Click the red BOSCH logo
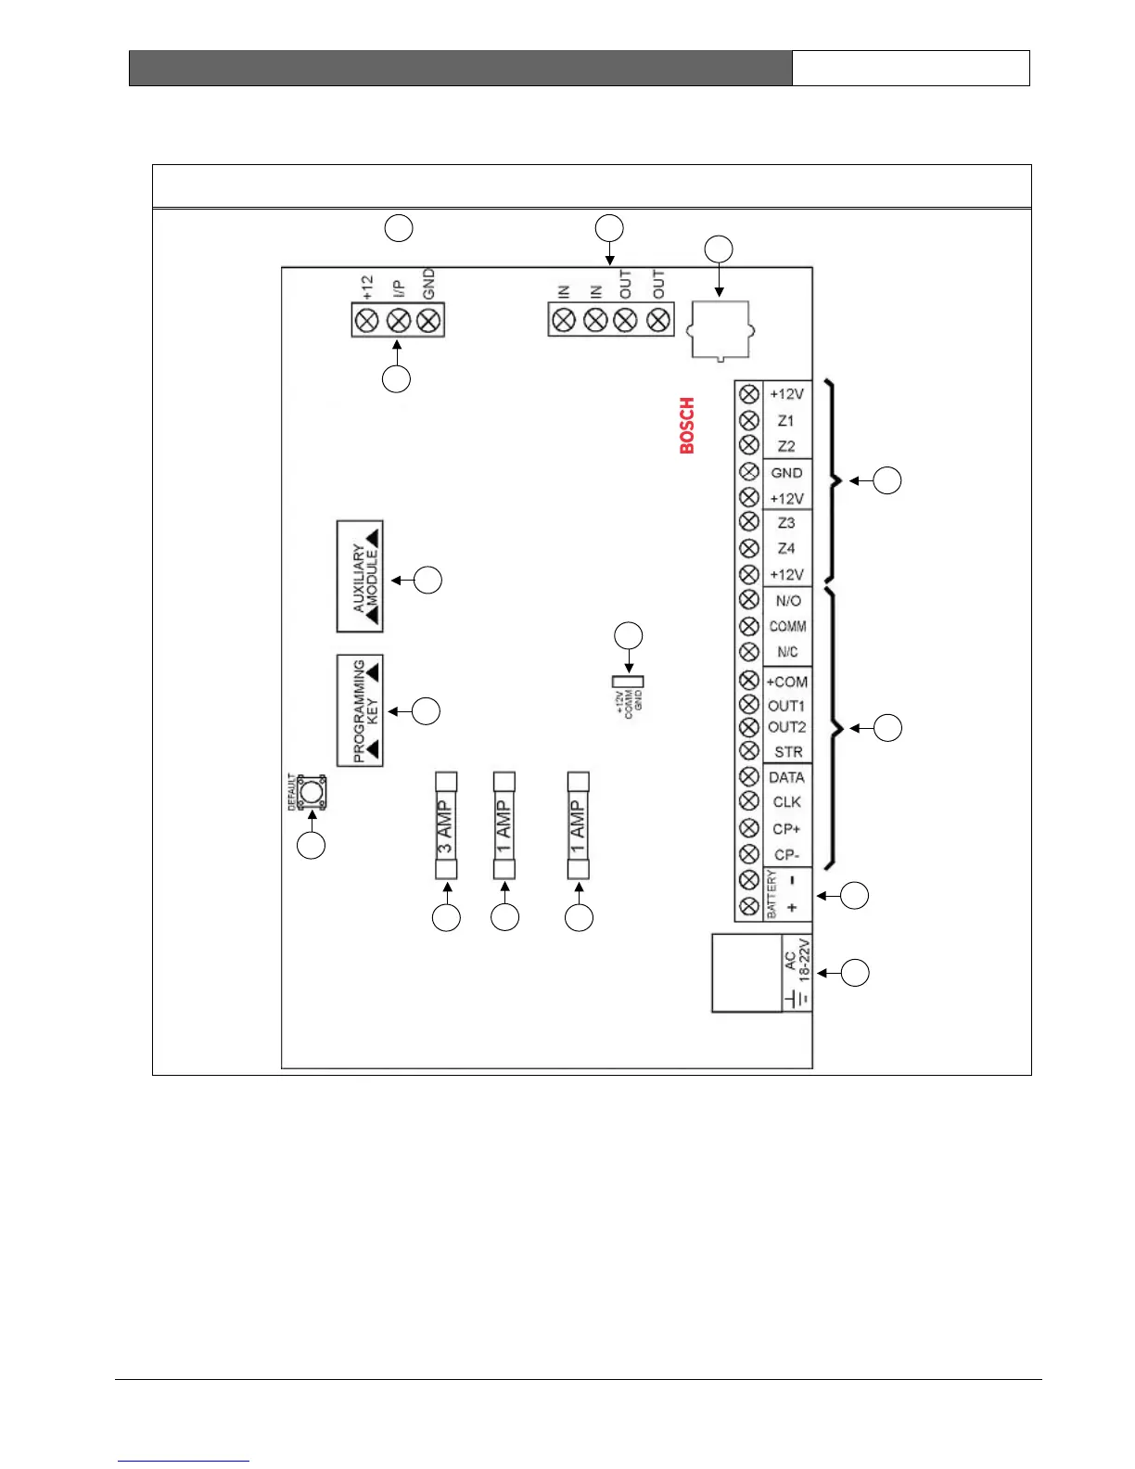click(x=687, y=426)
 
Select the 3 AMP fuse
click(x=446, y=825)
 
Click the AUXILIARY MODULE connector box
click(x=360, y=576)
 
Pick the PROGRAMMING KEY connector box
click(x=360, y=710)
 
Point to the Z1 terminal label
click(x=785, y=420)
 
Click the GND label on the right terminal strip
click(x=786, y=473)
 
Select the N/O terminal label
click(x=787, y=601)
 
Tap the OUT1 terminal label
click(x=786, y=706)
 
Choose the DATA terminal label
click(x=786, y=777)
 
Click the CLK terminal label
click(x=786, y=802)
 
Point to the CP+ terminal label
click(x=786, y=829)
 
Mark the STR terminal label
click(x=787, y=752)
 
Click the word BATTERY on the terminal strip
click(x=772, y=894)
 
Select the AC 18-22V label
click(x=797, y=961)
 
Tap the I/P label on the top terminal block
click(x=398, y=287)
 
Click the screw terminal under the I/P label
click(x=398, y=321)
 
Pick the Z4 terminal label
click(x=785, y=548)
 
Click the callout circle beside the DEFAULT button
click(x=311, y=846)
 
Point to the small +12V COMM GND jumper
click(x=629, y=682)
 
